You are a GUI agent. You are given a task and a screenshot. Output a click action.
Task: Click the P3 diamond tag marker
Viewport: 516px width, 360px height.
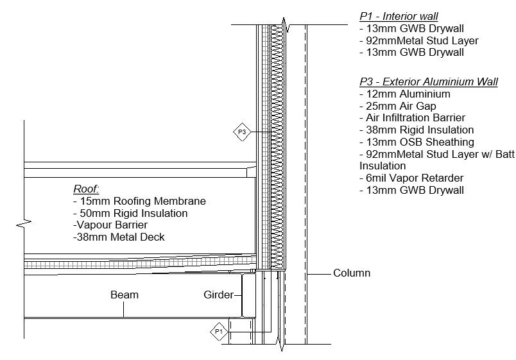(x=242, y=132)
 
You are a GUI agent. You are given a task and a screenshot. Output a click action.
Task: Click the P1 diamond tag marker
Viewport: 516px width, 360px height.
(x=219, y=332)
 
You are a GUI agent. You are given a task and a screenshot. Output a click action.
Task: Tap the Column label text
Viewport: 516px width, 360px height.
(x=351, y=273)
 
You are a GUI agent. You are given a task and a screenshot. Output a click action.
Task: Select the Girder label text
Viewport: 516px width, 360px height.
(x=218, y=295)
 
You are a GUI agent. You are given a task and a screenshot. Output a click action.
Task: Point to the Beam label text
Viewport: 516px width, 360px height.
(x=125, y=295)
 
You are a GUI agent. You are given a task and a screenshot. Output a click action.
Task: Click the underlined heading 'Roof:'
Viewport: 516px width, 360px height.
(x=86, y=189)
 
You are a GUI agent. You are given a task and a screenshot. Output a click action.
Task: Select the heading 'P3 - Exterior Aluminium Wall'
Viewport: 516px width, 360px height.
(x=428, y=81)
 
